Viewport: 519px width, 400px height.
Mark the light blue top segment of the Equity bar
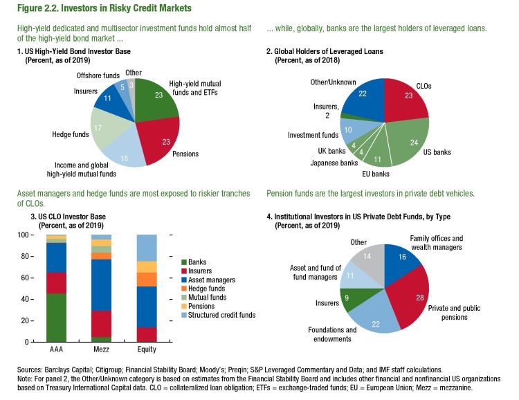147,248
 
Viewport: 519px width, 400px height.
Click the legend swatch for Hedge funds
183,288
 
